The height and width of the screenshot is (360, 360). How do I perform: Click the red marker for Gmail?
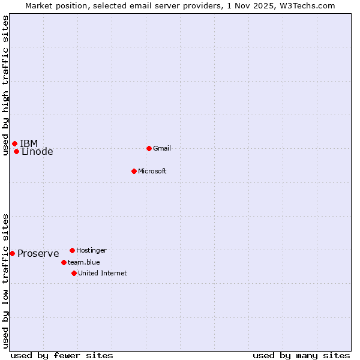[x=149, y=148]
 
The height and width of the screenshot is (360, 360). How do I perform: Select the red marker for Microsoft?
[x=134, y=171]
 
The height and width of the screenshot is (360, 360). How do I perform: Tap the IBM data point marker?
[x=14, y=143]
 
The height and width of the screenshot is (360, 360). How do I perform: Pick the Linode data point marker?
[x=16, y=151]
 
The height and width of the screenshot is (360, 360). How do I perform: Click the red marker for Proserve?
[x=12, y=253]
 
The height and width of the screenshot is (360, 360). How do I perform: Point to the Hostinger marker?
[x=72, y=250]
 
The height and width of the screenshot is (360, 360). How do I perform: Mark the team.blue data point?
[x=64, y=262]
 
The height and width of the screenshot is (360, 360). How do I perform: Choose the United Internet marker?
[x=74, y=273]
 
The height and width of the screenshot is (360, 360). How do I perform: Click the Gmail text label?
[x=162, y=149]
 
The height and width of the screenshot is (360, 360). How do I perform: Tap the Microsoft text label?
[x=152, y=172]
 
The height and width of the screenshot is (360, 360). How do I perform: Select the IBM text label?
[x=29, y=143]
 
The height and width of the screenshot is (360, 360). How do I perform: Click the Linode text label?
[x=37, y=152]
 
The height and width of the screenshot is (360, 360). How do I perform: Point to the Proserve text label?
[x=38, y=254]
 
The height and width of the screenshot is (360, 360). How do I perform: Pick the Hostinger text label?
[x=91, y=250]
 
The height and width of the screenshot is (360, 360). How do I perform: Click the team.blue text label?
[x=84, y=262]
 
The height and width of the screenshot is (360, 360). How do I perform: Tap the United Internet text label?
[x=103, y=273]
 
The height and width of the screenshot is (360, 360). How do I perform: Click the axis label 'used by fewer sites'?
[x=62, y=355]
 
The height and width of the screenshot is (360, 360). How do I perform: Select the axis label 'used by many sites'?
[x=301, y=355]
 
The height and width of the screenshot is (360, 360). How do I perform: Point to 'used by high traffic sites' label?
[x=5, y=85]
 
